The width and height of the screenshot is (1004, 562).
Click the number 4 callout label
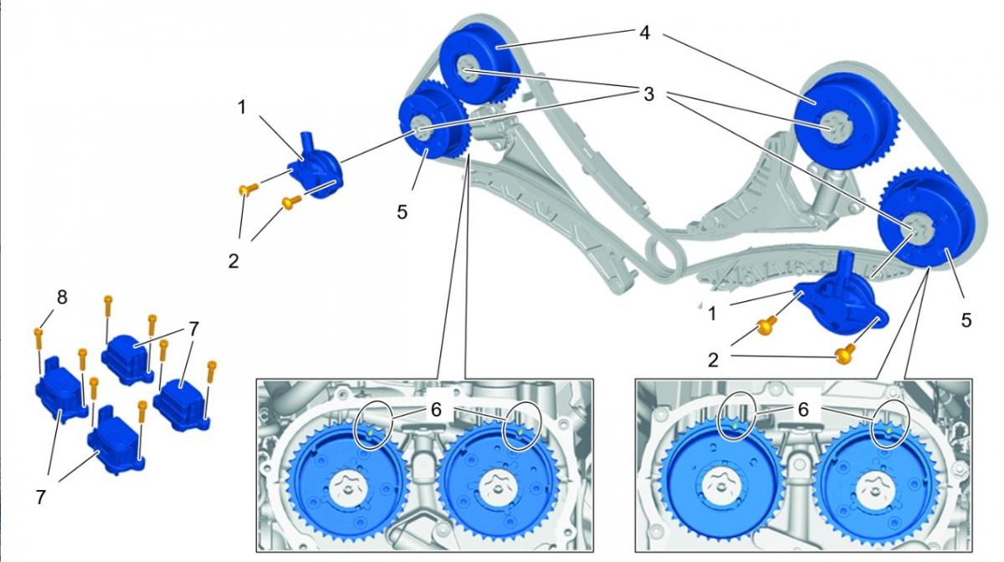coord(643,34)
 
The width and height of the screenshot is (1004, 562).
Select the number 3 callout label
coord(648,94)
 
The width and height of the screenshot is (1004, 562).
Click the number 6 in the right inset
coord(802,410)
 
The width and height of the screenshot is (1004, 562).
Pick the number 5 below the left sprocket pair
coord(402,212)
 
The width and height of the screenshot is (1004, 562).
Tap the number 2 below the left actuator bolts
coord(233,260)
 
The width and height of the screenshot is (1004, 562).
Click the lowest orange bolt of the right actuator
coord(844,355)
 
